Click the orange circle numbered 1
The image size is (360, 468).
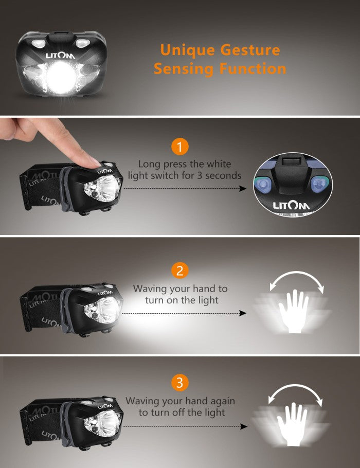click(x=179, y=147)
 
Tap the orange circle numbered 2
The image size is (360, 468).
click(x=179, y=271)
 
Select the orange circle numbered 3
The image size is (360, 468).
click(x=179, y=383)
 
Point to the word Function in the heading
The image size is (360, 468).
click(x=253, y=68)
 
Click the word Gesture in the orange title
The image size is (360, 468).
click(x=250, y=50)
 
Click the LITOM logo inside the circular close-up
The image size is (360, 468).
click(x=292, y=206)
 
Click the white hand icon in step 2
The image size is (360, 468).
click(x=294, y=311)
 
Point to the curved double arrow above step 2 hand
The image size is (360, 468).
click(x=296, y=273)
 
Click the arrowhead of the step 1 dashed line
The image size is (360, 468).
click(x=243, y=188)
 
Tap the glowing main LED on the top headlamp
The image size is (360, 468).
click(x=61, y=75)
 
